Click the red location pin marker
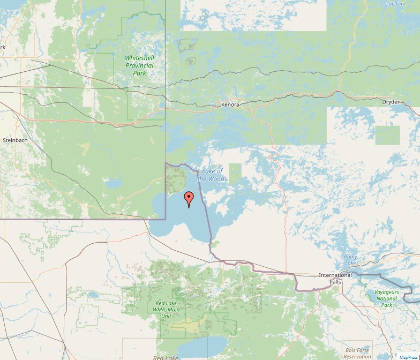pos(188,199)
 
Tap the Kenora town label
pos(230,104)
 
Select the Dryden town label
pos(391,102)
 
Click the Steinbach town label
pos(15,140)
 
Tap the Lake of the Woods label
pos(214,175)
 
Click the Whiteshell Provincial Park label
pos(139,65)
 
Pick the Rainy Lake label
pos(350,260)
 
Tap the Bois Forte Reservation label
pos(357,353)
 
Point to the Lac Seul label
pos(396,4)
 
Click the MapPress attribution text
pos(409,357)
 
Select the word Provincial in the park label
pos(139,65)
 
